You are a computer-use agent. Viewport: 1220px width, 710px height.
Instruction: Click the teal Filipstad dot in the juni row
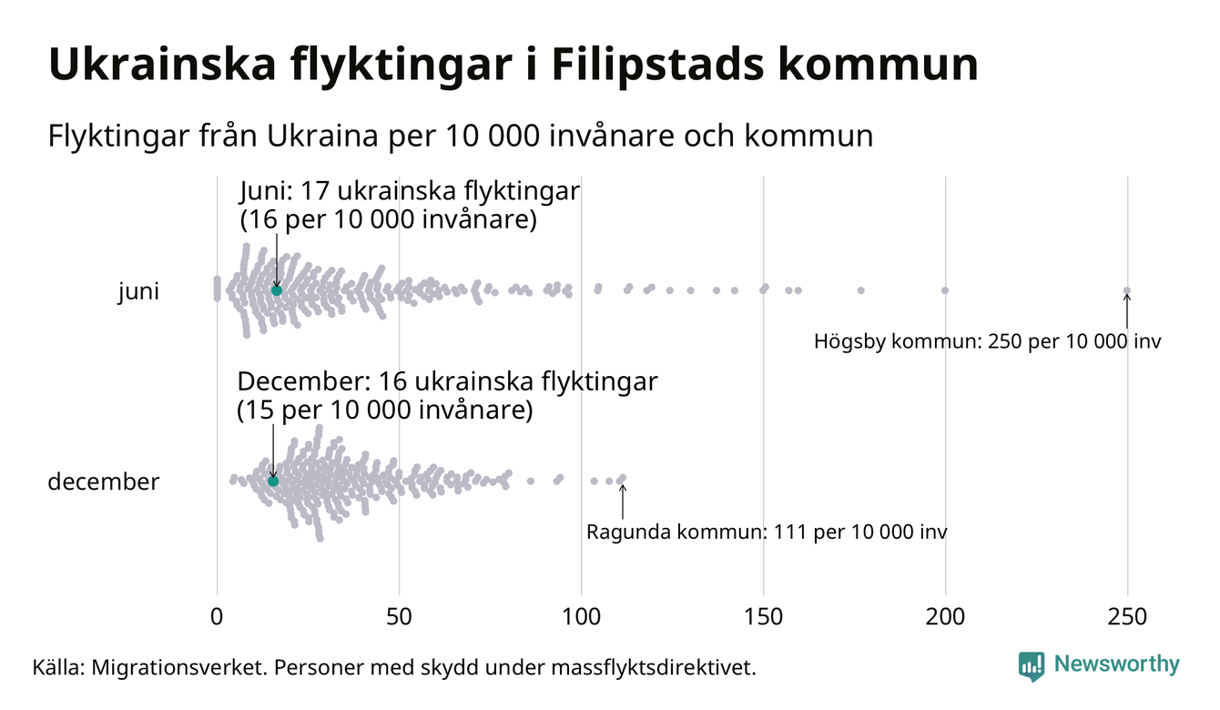pyautogui.click(x=277, y=290)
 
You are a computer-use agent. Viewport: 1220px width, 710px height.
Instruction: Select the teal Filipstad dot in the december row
pyautogui.click(x=273, y=481)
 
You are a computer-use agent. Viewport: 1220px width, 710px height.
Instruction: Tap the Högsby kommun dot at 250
pyautogui.click(x=1127, y=291)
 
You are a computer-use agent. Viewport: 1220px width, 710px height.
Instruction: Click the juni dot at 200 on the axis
pyautogui.click(x=945, y=290)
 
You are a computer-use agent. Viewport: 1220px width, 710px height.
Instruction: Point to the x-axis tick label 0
pyautogui.click(x=217, y=617)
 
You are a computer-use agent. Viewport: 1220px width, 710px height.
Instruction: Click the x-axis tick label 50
pyautogui.click(x=399, y=617)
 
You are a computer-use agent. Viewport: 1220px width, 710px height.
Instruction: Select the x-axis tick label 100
pyautogui.click(x=581, y=617)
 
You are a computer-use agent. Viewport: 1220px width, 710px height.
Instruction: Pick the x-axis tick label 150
pyautogui.click(x=763, y=617)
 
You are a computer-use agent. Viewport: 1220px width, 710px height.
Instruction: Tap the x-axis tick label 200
pyautogui.click(x=945, y=617)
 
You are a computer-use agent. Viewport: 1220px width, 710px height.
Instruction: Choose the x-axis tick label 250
pyautogui.click(x=1127, y=617)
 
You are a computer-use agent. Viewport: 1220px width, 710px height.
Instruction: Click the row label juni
pyautogui.click(x=138, y=292)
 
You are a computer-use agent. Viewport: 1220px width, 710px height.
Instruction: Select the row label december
pyautogui.click(x=103, y=482)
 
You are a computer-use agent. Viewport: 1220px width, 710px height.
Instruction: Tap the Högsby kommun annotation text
pyautogui.click(x=988, y=342)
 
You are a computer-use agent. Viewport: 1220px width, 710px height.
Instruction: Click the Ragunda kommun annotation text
pyautogui.click(x=767, y=532)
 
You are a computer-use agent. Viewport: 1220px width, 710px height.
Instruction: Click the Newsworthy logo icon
pyautogui.click(x=1032, y=666)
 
